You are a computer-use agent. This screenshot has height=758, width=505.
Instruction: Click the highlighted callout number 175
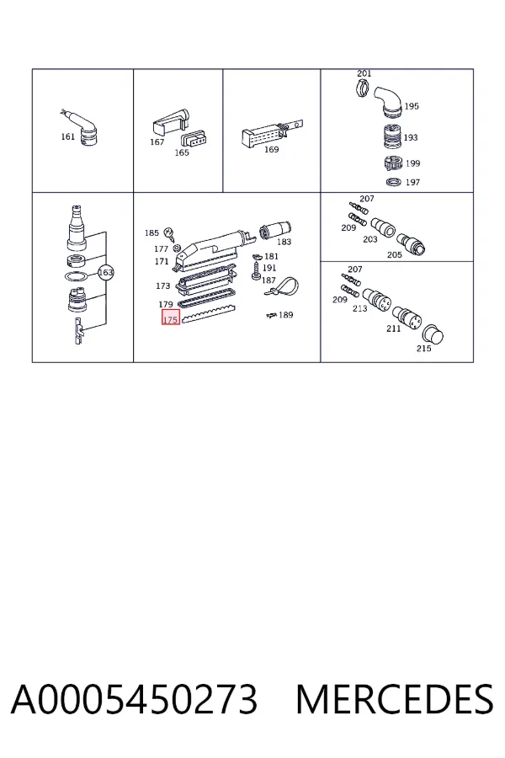click(171, 319)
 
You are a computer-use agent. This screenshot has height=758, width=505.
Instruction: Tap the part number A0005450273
click(135, 699)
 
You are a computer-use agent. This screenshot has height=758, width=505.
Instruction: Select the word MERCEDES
click(395, 699)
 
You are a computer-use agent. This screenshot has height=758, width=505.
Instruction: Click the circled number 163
click(105, 273)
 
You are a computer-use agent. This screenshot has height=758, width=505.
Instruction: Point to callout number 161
click(67, 136)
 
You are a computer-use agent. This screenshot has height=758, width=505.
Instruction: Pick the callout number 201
click(364, 73)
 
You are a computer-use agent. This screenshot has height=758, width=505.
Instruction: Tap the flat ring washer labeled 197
click(394, 182)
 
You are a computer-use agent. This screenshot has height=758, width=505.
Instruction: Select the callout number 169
click(271, 150)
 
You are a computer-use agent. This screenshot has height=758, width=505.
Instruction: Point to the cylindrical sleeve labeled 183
click(275, 230)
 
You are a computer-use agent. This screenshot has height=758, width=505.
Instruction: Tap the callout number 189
click(285, 315)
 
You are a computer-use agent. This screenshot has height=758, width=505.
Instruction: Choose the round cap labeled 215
click(433, 335)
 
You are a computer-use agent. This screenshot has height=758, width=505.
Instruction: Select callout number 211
click(393, 328)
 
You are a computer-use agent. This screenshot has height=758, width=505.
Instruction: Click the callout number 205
click(395, 254)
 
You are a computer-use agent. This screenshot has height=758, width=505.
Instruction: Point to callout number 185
click(151, 233)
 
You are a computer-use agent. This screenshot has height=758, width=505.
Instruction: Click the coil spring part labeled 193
click(392, 137)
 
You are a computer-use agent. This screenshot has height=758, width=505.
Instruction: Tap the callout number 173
click(162, 286)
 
